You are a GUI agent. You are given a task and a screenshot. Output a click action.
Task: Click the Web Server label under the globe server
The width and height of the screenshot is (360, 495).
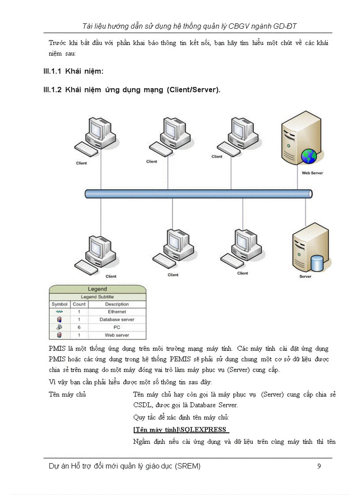click(x=312, y=173)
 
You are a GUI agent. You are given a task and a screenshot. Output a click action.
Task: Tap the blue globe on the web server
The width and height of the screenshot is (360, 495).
click(x=309, y=156)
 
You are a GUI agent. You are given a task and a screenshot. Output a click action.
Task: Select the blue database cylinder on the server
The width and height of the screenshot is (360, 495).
click(x=317, y=263)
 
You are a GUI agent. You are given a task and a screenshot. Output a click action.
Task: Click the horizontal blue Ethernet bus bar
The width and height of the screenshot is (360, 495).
click(x=199, y=194)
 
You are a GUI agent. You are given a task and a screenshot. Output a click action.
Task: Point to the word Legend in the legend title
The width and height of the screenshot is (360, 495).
click(x=97, y=289)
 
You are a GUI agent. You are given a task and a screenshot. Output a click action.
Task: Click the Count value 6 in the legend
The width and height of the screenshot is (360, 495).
click(x=79, y=328)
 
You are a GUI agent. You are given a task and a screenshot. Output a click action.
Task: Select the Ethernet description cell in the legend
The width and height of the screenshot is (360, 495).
click(x=117, y=312)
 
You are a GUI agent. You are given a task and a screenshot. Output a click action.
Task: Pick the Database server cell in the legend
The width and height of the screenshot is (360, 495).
click(x=117, y=320)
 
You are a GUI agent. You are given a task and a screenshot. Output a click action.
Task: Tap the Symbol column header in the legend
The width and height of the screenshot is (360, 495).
click(x=60, y=304)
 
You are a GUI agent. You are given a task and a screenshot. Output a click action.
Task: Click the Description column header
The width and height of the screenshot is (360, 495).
click(x=117, y=304)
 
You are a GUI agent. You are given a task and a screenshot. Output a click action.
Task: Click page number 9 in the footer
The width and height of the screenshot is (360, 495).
click(x=319, y=466)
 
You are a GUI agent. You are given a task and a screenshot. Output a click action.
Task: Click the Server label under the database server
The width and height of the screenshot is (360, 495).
click(x=305, y=276)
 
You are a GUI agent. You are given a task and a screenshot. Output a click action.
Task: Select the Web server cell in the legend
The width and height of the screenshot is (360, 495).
click(x=117, y=335)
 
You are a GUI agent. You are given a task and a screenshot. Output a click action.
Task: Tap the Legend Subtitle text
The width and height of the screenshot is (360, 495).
click(x=97, y=297)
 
